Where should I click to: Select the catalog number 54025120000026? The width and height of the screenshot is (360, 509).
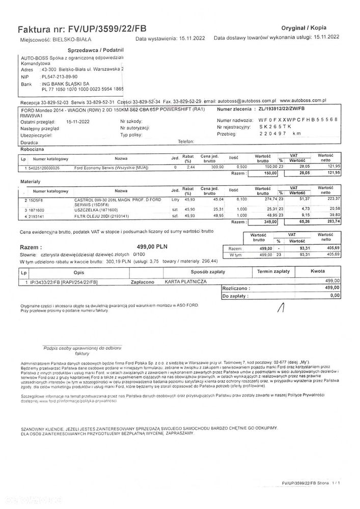43,167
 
